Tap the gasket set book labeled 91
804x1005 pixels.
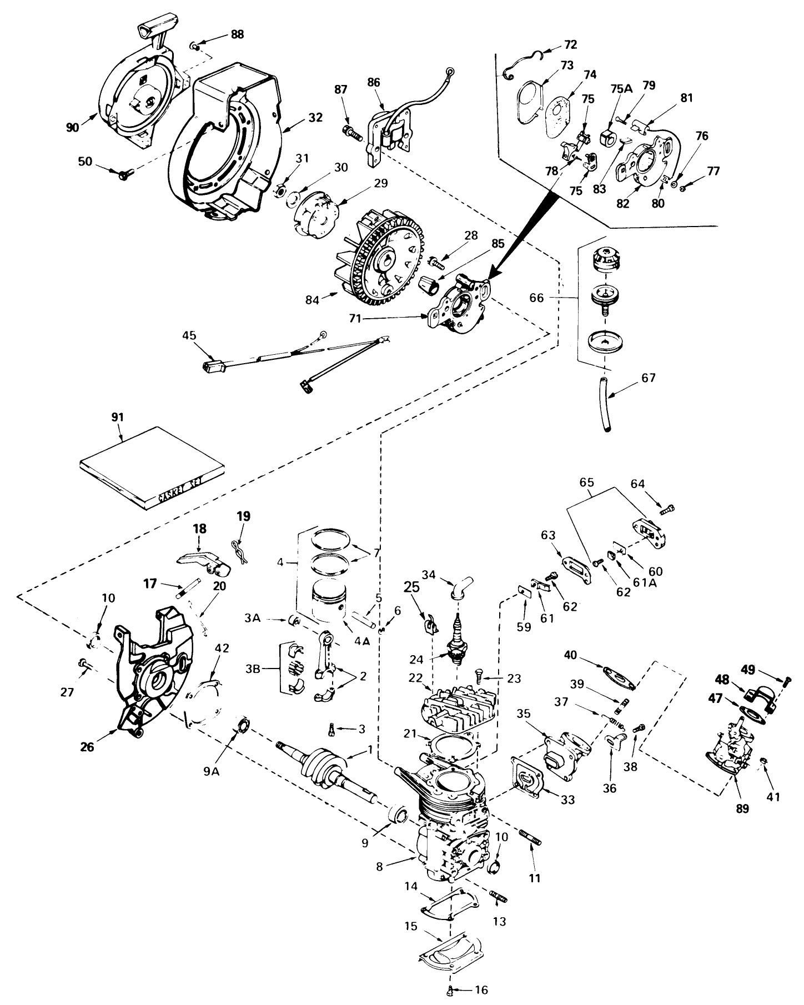pyautogui.click(x=152, y=468)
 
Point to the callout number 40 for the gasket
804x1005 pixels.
pyautogui.click(x=571, y=655)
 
